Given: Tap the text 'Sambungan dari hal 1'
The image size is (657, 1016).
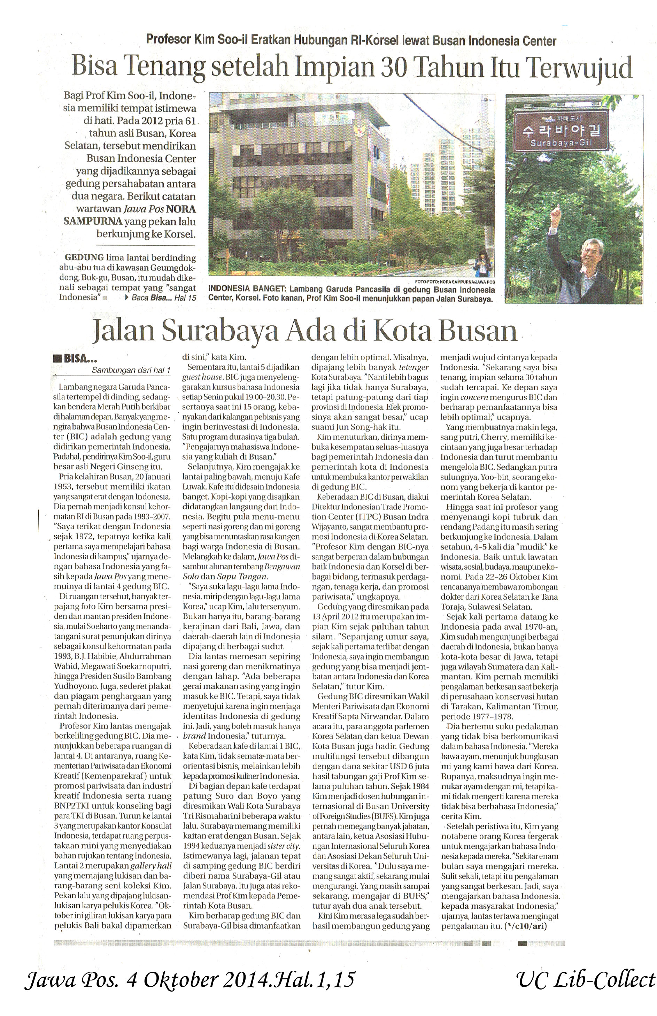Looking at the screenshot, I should (131, 370).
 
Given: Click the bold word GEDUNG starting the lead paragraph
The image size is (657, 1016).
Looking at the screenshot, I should (84, 258).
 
